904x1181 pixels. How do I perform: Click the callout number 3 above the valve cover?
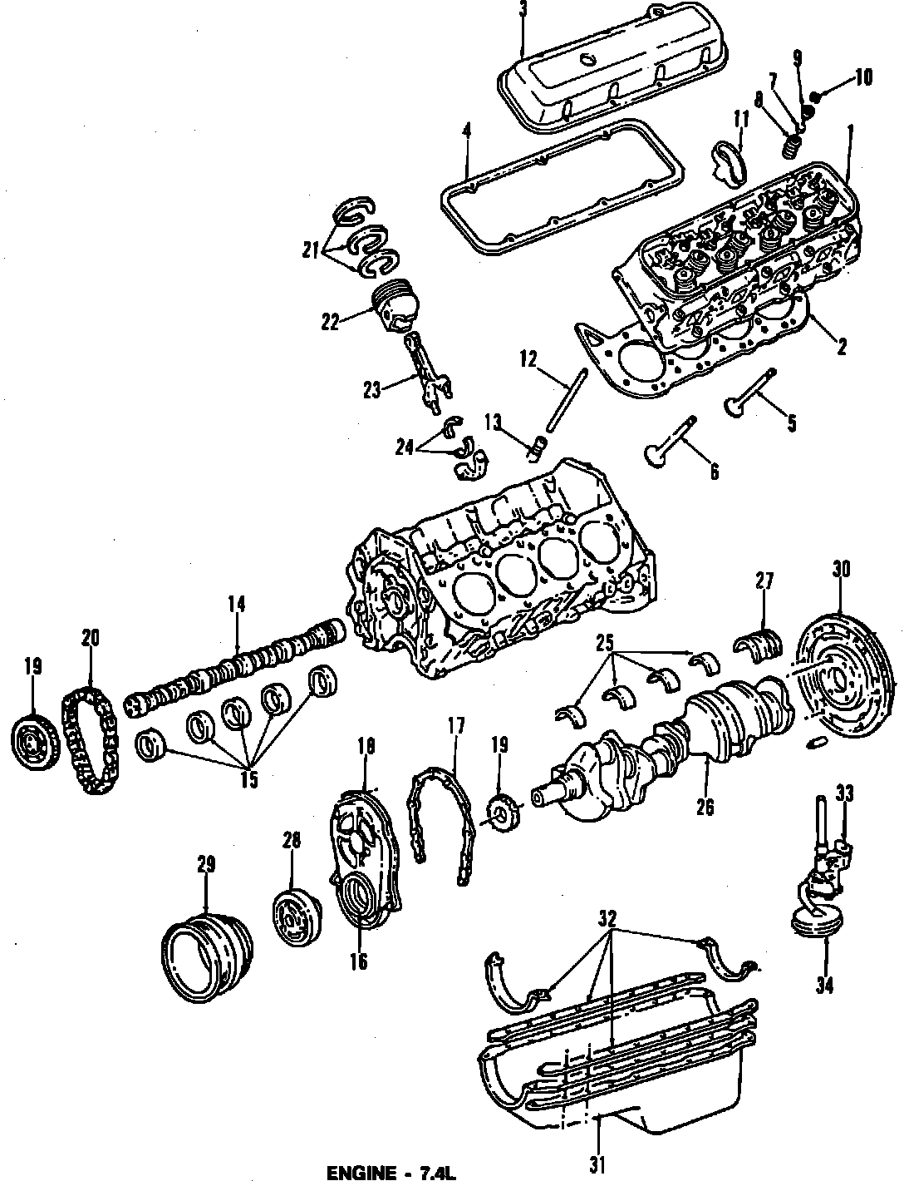(x=523, y=11)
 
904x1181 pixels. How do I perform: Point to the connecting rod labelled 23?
(x=426, y=373)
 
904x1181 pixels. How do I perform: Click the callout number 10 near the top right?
(x=862, y=78)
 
